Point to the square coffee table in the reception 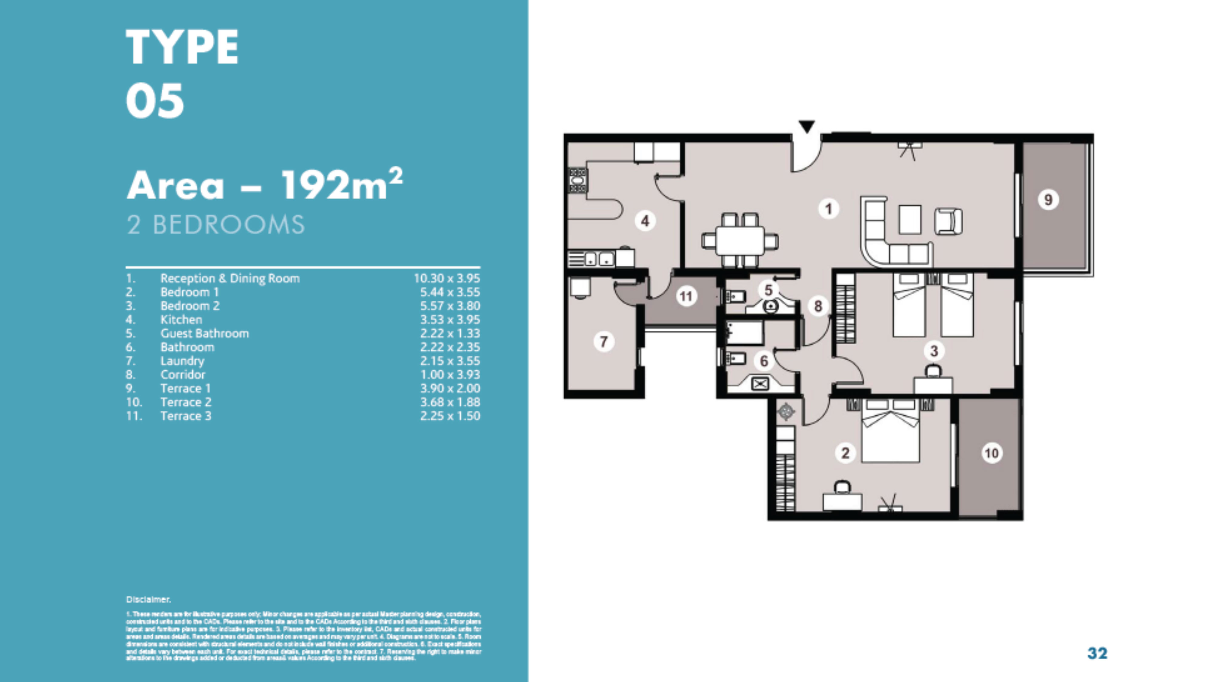coord(910,220)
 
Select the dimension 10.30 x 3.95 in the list coord(447,278)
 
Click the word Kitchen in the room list coord(181,320)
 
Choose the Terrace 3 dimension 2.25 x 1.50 coord(450,416)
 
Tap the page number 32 coord(1097,653)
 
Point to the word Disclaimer coord(148,599)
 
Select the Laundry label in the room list coord(182,361)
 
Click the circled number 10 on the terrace coord(991,453)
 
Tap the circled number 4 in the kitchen coord(645,220)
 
